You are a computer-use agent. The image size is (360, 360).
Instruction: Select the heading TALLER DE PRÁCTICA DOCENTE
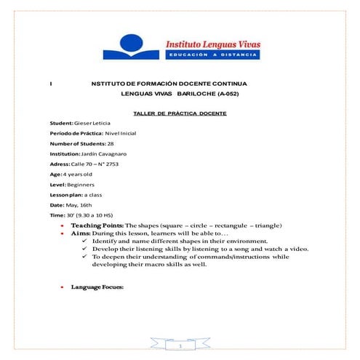(180, 114)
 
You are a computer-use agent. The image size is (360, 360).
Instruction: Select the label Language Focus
(97, 287)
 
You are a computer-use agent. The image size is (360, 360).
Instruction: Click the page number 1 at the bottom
(180, 346)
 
